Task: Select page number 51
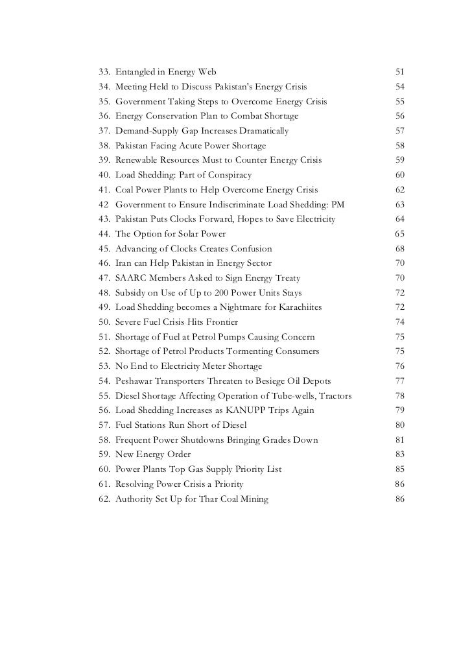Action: pyautogui.click(x=399, y=71)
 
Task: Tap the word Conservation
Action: pyautogui.click(x=171, y=115)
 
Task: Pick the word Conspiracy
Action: pyautogui.click(x=226, y=175)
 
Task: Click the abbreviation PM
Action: pyautogui.click(x=338, y=205)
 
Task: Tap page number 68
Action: pyautogui.click(x=399, y=250)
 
